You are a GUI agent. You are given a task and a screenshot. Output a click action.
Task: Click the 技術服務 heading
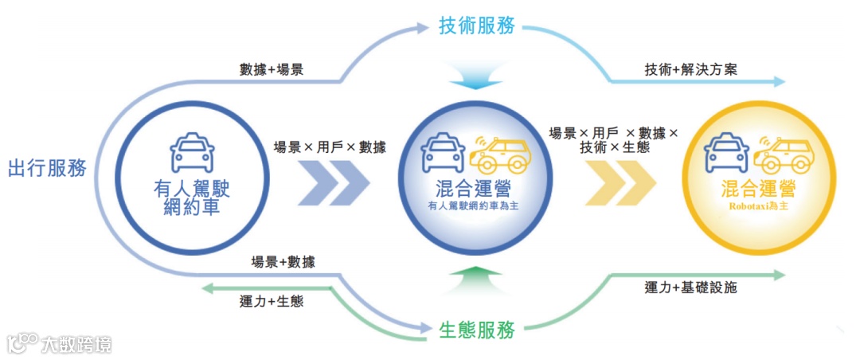478,25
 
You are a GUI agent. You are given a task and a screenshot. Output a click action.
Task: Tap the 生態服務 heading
478,329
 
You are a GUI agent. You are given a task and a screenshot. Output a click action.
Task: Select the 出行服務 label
47,169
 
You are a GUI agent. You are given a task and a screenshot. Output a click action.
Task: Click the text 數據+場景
271,69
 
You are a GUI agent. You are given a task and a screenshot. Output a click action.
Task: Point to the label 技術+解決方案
691,69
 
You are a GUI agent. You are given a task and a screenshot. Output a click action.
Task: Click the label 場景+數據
283,262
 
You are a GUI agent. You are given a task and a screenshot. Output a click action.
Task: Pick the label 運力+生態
271,302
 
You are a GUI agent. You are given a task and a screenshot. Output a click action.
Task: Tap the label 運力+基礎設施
691,288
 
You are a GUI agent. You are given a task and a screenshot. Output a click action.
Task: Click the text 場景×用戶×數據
330,147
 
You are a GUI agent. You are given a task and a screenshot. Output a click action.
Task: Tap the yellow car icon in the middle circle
499,154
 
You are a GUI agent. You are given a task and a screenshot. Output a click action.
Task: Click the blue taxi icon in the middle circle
444,154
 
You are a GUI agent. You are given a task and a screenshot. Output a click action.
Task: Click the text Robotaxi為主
757,205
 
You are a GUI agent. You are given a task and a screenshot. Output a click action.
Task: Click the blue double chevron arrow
334,183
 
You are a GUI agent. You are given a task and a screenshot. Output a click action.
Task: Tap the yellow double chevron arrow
620,183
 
